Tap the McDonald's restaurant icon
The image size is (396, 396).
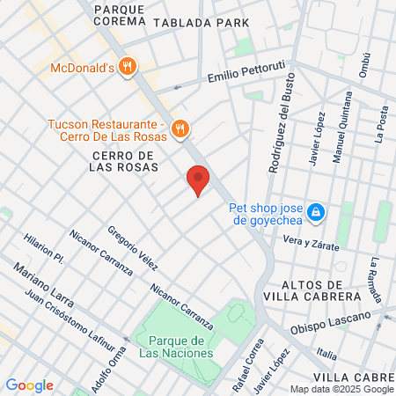click(128, 67)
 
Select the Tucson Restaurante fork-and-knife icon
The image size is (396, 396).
click(180, 128)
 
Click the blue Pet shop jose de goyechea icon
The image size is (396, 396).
click(316, 213)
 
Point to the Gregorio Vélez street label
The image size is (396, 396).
click(132, 248)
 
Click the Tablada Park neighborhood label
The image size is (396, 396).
click(201, 23)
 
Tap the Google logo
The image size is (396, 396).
click(29, 385)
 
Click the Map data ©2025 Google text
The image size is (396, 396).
click(342, 389)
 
